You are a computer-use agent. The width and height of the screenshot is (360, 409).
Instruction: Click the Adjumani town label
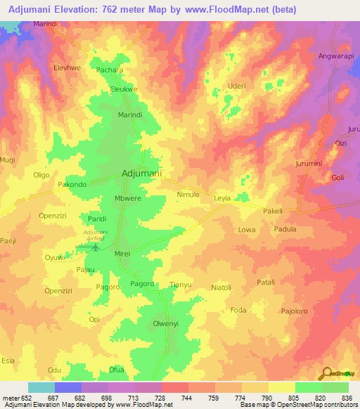pos(142,173)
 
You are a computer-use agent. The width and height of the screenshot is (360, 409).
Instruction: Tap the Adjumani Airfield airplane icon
pos(96,247)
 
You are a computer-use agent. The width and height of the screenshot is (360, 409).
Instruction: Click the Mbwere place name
pos(128,199)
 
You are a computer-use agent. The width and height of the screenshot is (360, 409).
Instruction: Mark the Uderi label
pos(236,86)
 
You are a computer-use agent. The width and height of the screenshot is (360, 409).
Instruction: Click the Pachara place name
pos(110,71)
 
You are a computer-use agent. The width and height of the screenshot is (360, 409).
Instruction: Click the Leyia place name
pos(222,199)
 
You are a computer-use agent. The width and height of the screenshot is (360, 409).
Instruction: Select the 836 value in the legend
pos(345,397)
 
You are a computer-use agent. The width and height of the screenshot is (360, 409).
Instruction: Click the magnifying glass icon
pos(326,374)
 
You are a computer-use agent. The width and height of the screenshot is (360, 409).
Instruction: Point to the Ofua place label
pos(116,370)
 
